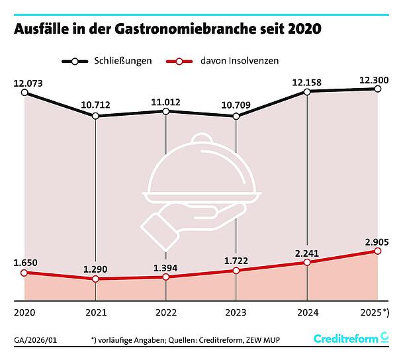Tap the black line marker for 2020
(x=24, y=93)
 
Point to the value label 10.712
(x=96, y=104)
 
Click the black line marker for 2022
(x=166, y=111)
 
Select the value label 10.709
(x=236, y=104)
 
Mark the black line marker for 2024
(x=307, y=91)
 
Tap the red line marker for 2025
(x=377, y=251)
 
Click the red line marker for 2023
(x=236, y=271)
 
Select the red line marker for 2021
(x=96, y=279)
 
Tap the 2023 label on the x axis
(x=236, y=311)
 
